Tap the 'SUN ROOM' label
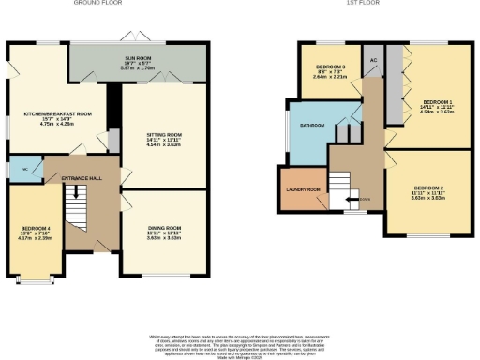point(139,58)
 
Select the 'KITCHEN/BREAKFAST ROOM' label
point(58,113)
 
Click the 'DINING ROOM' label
point(157,228)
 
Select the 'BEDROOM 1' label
point(436,100)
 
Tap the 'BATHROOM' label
point(312,125)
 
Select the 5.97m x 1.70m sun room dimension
point(139,68)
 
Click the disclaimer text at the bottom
point(240,343)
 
